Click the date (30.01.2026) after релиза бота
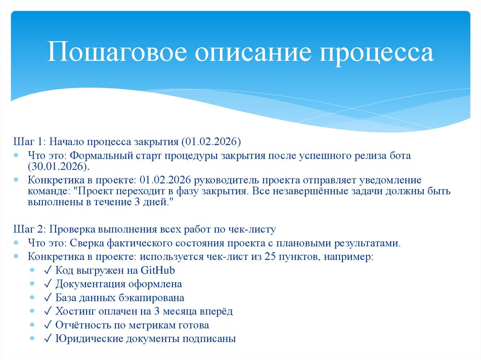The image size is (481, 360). click(x=58, y=167)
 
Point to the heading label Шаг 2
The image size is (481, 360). click(x=28, y=229)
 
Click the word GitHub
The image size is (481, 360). click(x=158, y=270)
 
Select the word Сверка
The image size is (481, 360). click(x=87, y=243)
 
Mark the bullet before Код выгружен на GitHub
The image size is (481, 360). click(x=32, y=271)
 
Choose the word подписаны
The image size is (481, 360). click(x=212, y=338)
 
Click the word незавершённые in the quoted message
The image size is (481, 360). click(x=312, y=191)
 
